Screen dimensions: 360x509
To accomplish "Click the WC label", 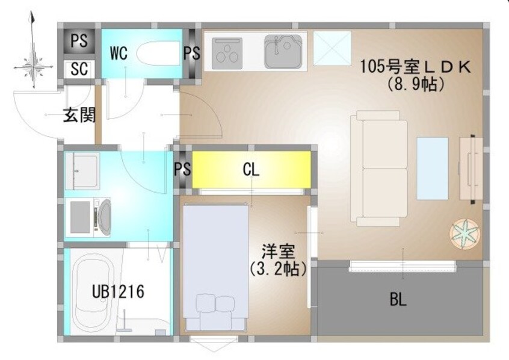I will coord(119,52).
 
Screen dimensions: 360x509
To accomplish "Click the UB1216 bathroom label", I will coord(118,292).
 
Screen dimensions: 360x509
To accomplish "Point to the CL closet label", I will coord(251,170).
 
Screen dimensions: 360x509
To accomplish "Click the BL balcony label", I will coord(398,300).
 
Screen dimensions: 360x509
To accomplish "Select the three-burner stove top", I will coord(226,51).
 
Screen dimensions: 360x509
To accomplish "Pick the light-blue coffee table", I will coord(432,168).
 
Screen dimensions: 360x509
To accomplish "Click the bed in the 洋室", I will coord(215,265).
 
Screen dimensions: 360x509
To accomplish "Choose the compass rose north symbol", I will coord(32,63).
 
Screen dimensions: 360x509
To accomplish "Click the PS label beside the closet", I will coord(182,169).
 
